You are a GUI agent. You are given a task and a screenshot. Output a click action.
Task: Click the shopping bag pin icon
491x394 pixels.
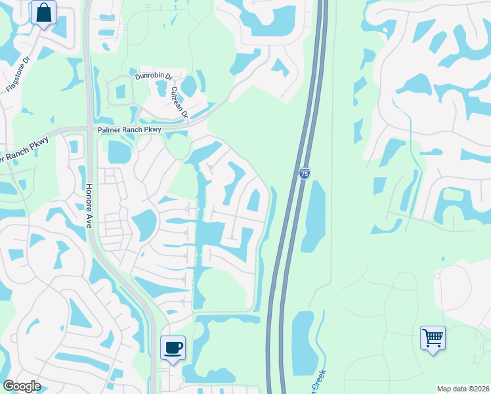click(x=43, y=12)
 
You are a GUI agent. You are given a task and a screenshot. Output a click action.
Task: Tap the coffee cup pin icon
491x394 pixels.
click(x=173, y=348)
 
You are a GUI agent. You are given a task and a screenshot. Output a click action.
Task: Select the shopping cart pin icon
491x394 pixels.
click(x=433, y=338)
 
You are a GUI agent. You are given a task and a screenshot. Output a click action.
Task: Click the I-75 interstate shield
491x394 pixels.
click(x=305, y=173)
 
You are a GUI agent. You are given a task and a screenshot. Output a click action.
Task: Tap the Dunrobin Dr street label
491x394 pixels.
click(x=153, y=76)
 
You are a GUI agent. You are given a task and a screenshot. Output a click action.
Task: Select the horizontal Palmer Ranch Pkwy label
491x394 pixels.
click(x=129, y=130)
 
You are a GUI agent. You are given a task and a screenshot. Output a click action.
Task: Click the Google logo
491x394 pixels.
click(x=21, y=385)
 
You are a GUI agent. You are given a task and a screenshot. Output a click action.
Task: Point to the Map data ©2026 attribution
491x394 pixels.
click(x=463, y=389)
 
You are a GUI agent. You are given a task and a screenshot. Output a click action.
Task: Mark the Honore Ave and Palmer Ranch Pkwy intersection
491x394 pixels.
click(x=90, y=129)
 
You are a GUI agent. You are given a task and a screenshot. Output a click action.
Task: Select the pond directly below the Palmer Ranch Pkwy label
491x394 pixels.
click(x=119, y=152)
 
